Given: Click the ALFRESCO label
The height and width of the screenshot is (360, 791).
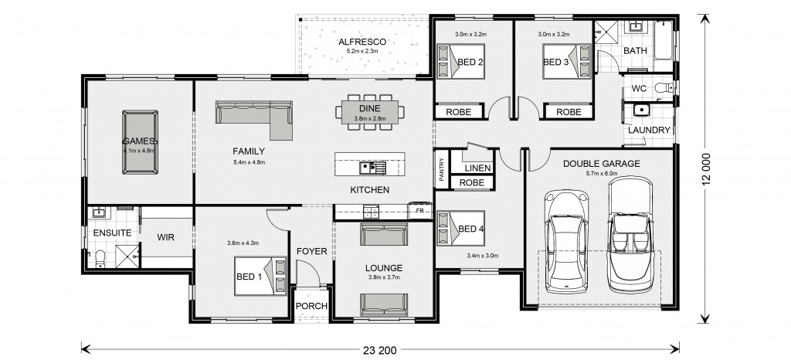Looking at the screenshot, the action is [x=362, y=42].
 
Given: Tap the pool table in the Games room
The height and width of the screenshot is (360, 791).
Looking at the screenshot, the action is [x=140, y=142].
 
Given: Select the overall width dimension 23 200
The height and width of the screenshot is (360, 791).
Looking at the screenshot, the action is [x=379, y=349].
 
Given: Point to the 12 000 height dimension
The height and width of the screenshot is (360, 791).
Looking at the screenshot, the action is [x=706, y=169].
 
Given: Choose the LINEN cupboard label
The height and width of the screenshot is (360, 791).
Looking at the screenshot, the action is [x=477, y=168].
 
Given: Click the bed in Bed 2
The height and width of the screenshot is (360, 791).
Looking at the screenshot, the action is [x=460, y=62].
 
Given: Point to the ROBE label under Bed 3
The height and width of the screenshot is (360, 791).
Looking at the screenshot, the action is [x=569, y=112].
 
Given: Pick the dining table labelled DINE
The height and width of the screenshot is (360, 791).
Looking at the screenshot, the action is [x=370, y=111].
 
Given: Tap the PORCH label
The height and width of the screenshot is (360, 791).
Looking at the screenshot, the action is [x=311, y=306].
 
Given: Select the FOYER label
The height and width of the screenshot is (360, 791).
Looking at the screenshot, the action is [x=311, y=251].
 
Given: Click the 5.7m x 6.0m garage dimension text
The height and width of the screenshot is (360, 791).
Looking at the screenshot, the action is [x=601, y=174].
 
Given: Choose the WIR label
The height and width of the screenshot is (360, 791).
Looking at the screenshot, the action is [x=165, y=237].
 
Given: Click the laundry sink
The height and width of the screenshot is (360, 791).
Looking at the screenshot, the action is [x=640, y=110].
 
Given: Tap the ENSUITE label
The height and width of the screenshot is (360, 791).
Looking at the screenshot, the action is [x=112, y=233].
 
